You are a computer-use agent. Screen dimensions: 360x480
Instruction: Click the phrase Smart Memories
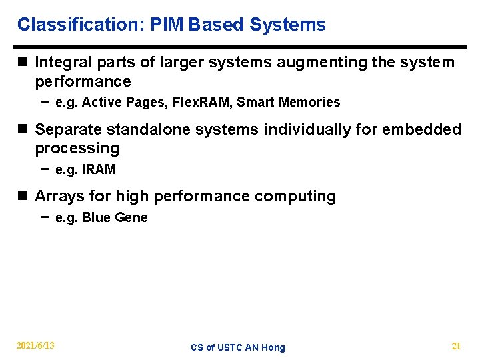click(289, 103)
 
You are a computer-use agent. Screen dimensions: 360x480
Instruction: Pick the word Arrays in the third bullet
click(58, 197)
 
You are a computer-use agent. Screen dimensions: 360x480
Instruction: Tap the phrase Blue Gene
click(115, 218)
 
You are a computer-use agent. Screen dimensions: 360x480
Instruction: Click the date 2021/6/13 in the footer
click(35, 345)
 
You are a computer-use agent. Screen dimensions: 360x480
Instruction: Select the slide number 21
click(456, 345)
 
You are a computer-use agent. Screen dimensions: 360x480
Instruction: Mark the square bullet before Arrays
click(23, 197)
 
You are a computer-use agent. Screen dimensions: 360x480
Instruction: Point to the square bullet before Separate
click(23, 129)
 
